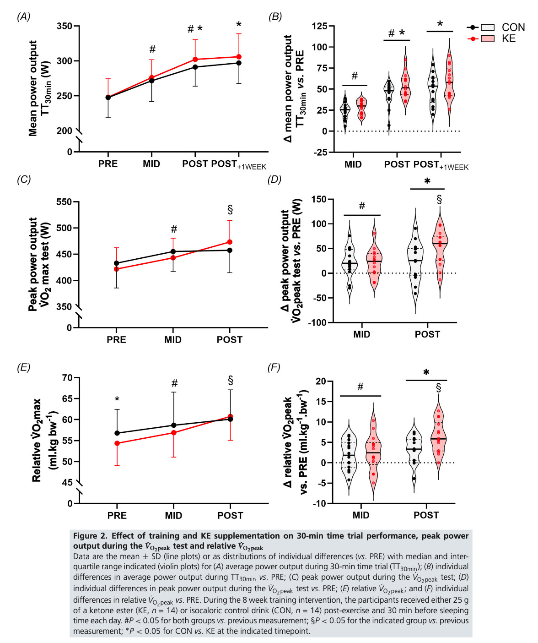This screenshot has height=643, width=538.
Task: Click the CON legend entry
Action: click(x=513, y=27)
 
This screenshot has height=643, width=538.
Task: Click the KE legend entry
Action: click(x=508, y=39)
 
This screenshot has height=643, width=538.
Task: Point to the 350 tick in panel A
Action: click(x=65, y=26)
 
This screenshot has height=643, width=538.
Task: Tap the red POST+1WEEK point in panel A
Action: click(x=239, y=57)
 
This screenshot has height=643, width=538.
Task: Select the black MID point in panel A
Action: click(x=151, y=81)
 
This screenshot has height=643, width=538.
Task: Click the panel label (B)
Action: click(x=274, y=17)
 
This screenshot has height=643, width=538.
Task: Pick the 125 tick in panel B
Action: click(x=319, y=27)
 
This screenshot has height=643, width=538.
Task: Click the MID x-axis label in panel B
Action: click(x=353, y=164)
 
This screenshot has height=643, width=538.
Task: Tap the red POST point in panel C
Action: click(x=230, y=242)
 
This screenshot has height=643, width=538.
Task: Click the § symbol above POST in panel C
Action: click(x=230, y=210)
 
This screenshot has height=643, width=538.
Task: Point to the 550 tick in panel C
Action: click(x=65, y=202)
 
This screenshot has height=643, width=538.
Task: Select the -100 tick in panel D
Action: click(x=317, y=322)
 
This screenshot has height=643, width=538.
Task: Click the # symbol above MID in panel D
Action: click(x=362, y=206)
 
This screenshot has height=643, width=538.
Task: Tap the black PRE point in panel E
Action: click(x=117, y=433)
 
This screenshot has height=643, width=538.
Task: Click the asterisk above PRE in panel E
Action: click(x=117, y=399)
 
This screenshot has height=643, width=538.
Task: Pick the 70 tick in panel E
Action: click(x=67, y=378)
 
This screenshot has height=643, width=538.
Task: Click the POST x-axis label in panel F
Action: click(x=426, y=515)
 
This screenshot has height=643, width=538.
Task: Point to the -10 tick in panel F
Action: click(x=319, y=503)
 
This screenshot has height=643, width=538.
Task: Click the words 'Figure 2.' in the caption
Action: click(x=90, y=536)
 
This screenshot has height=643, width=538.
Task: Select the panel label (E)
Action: click(x=23, y=367)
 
